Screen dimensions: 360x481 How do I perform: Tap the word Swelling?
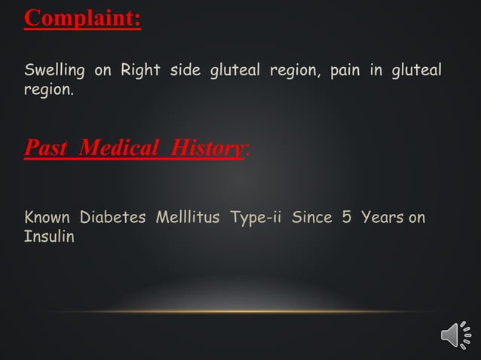click(x=55, y=72)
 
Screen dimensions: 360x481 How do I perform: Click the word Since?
click(x=311, y=218)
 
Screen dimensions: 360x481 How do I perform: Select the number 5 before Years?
click(x=348, y=218)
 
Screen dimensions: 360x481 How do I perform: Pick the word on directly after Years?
click(x=417, y=218)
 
